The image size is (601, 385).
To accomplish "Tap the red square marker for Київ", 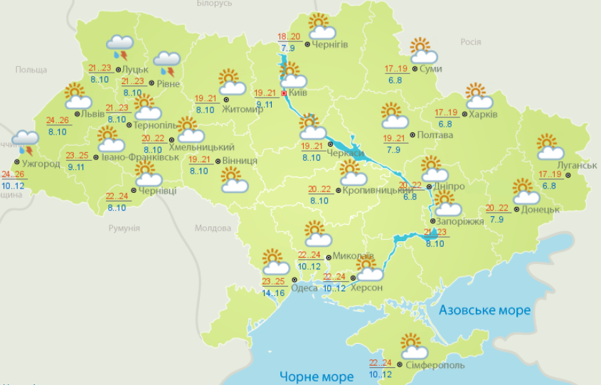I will [x=284, y=93].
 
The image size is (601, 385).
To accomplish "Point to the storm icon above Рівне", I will [x=167, y=63].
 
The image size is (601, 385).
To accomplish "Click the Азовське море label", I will [x=484, y=310].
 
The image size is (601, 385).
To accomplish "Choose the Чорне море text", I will [x=317, y=376].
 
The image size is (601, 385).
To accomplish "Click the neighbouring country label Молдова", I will [x=213, y=228].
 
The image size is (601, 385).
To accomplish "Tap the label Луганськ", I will [x=577, y=165].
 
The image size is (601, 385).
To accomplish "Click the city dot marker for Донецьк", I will [x=518, y=209].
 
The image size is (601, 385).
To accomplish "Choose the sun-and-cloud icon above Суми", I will [x=424, y=51].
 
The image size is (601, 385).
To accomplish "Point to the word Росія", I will [x=471, y=42].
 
